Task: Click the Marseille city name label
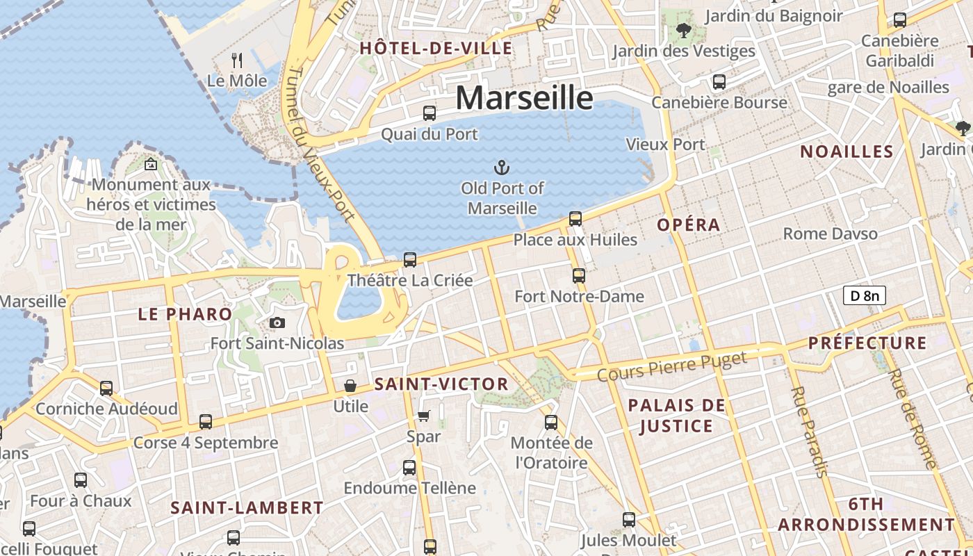(524, 97)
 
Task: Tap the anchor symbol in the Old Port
(501, 167)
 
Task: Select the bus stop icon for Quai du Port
(430, 113)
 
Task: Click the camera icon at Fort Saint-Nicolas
(277, 322)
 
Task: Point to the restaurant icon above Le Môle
(237, 60)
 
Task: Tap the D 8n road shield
(864, 295)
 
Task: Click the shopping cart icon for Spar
(423, 416)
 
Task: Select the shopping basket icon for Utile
(350, 385)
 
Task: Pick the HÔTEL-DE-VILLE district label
(436, 49)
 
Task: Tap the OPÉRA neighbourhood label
(689, 225)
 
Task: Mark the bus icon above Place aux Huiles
(575, 219)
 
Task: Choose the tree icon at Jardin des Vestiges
(683, 30)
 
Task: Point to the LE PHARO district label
(185, 314)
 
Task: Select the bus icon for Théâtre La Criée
(410, 260)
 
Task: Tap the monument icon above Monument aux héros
(150, 165)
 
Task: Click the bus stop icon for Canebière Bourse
(719, 82)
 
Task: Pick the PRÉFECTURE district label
(867, 343)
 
